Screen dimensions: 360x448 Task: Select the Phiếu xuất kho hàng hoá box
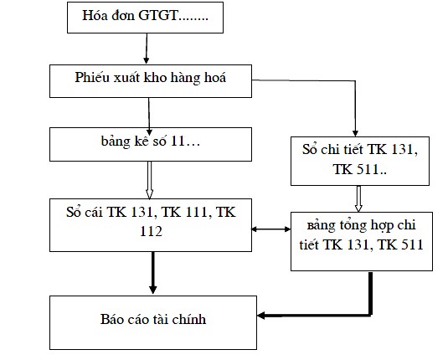(x=151, y=80)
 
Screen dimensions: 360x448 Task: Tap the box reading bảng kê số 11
(x=151, y=143)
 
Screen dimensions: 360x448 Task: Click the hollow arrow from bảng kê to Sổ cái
(x=152, y=177)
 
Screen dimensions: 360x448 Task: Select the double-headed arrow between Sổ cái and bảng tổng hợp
(x=271, y=227)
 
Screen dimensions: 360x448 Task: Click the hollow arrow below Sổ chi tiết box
(x=358, y=197)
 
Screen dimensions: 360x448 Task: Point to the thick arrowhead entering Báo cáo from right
(x=262, y=316)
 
